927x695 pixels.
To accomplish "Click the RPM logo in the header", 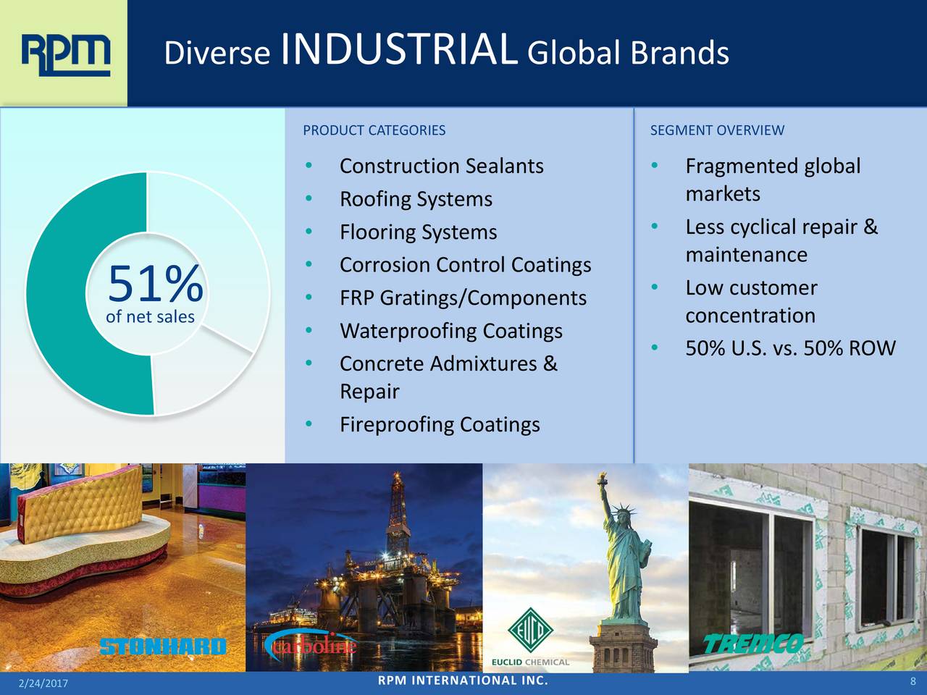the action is click(66, 55).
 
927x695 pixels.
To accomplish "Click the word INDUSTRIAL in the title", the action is click(399, 49).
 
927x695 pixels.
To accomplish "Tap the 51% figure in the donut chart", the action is click(156, 283).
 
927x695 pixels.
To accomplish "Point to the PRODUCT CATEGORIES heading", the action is click(374, 130).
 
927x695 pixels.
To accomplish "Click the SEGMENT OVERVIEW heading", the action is click(717, 130).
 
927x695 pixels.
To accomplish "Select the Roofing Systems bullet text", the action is click(416, 199).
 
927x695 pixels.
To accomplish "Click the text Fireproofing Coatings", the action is click(440, 424).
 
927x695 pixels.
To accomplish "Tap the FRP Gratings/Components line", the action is click(463, 298).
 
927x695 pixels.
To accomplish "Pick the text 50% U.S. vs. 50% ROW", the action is click(790, 348).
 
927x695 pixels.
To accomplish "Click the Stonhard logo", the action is click(163, 646).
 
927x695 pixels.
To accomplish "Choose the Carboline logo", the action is click(311, 644).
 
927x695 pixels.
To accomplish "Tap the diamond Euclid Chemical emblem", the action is click(530, 630).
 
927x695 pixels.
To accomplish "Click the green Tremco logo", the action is click(753, 644).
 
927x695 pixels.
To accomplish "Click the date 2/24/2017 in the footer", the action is click(43, 683).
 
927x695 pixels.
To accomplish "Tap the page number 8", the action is click(913, 681).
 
